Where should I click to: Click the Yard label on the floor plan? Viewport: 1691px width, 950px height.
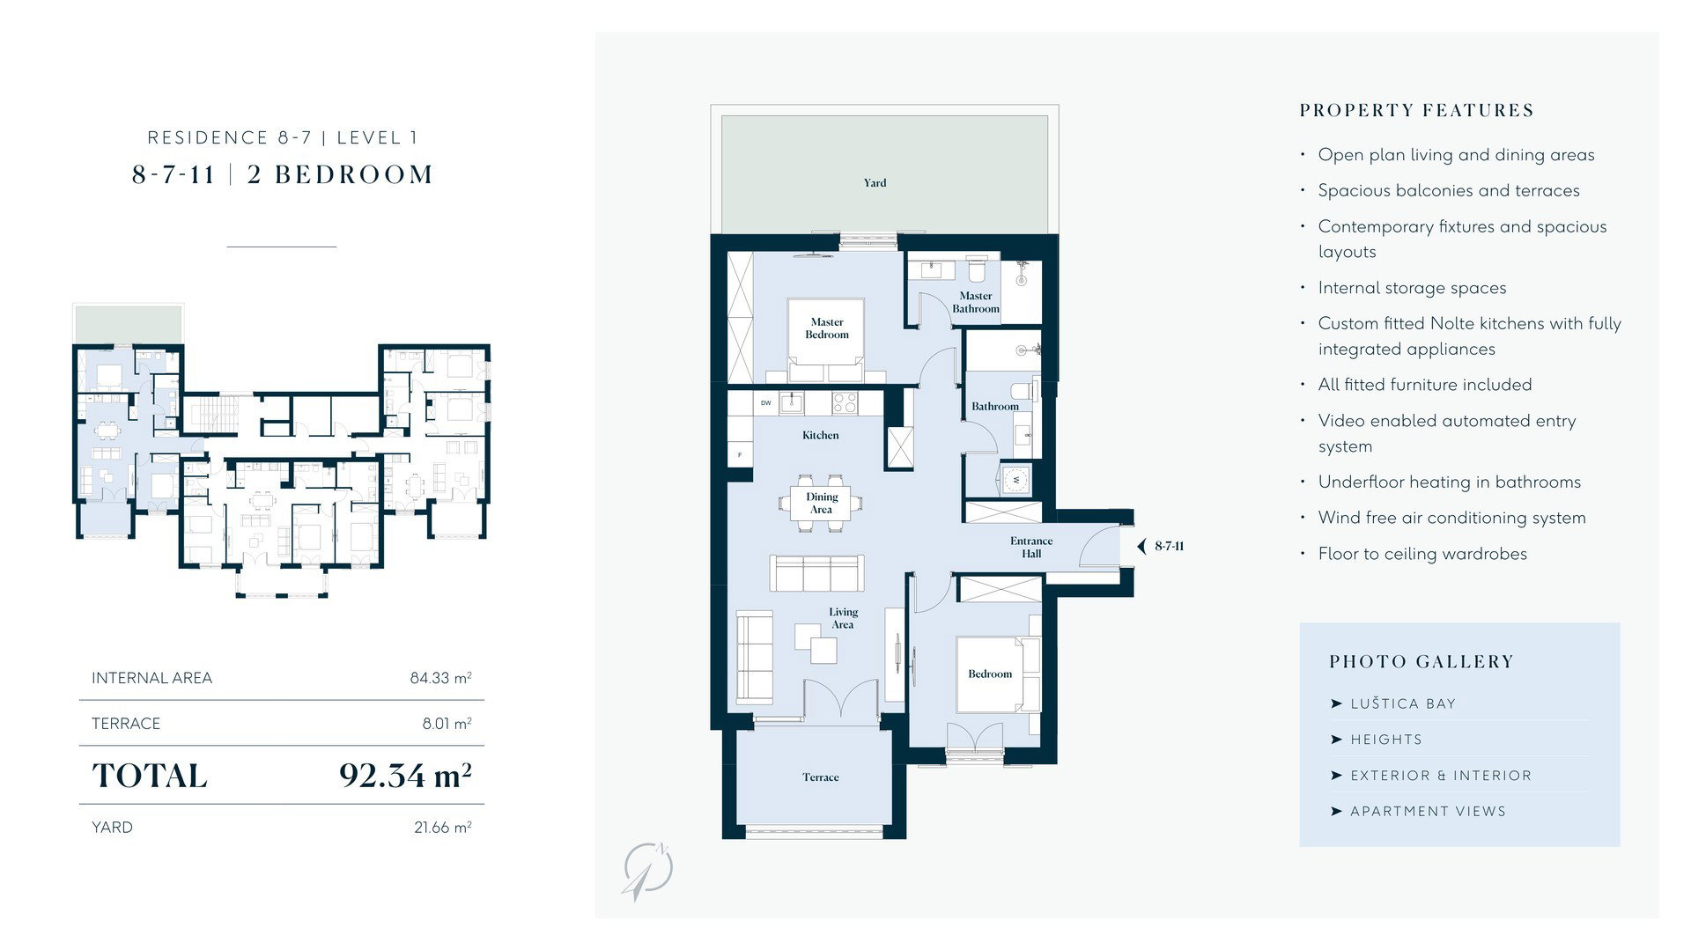click(x=875, y=183)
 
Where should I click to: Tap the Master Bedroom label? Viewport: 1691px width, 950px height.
click(x=827, y=328)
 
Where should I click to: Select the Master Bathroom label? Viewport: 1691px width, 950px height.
click(x=976, y=302)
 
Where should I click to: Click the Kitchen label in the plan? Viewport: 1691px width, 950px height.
click(x=820, y=435)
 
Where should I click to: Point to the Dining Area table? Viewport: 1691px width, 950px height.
click(x=821, y=504)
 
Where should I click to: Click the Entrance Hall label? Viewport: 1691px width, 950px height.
click(x=1031, y=548)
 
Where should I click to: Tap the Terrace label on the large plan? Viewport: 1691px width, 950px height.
click(x=820, y=777)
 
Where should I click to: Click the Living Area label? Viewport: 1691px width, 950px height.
click(x=843, y=618)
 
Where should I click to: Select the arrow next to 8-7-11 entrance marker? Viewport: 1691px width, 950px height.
click(x=1142, y=546)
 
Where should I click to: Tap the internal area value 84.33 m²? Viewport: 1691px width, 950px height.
click(x=440, y=678)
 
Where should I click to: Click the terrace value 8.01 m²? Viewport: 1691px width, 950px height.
click(x=447, y=724)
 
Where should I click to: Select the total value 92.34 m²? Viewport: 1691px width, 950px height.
click(x=405, y=776)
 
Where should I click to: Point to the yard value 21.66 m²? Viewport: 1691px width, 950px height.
click(x=443, y=828)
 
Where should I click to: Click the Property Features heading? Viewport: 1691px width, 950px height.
click(x=1417, y=111)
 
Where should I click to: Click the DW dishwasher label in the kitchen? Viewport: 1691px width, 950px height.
click(x=766, y=403)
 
